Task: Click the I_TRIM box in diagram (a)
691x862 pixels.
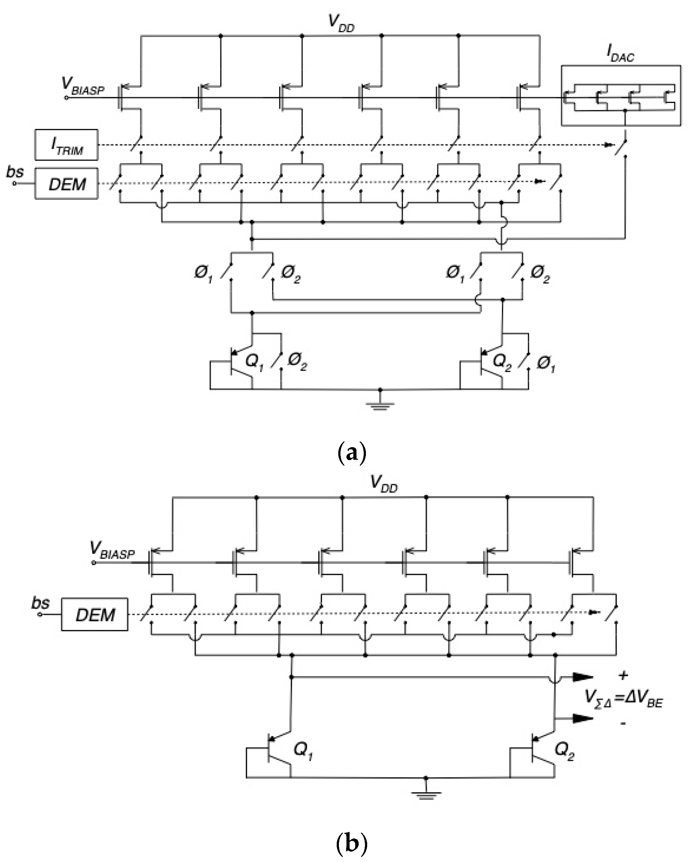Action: coord(66,145)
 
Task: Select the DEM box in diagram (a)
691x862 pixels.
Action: coord(66,184)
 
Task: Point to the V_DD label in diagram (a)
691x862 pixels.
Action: coord(341,23)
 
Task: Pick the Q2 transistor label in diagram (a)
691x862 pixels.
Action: coord(502,362)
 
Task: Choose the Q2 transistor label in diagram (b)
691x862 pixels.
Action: coord(565,751)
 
